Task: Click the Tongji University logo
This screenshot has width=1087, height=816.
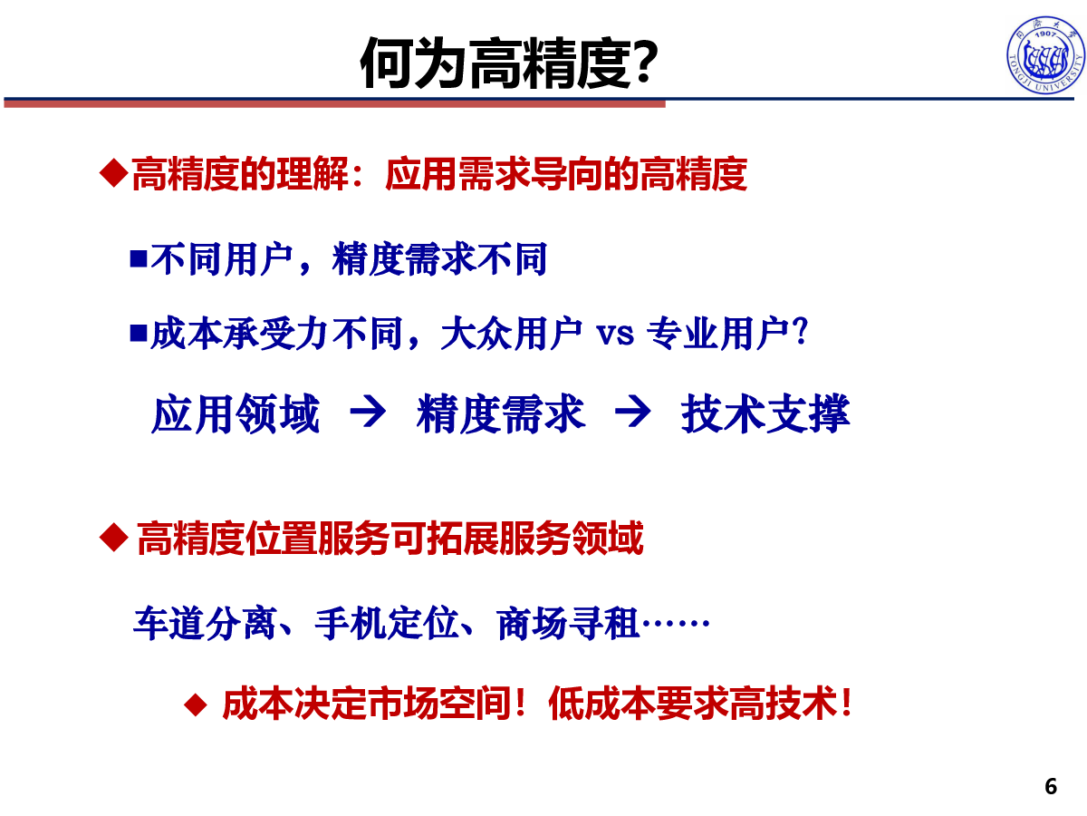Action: tap(1045, 54)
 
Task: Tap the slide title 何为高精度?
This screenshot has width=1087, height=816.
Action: tap(509, 63)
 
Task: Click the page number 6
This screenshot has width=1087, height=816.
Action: tap(1051, 787)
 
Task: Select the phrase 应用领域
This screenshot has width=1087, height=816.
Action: tap(236, 413)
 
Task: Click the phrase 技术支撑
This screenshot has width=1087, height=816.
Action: tap(765, 413)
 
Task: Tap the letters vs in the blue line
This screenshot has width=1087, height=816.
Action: tap(615, 334)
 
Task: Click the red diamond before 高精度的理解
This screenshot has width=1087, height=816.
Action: tap(114, 173)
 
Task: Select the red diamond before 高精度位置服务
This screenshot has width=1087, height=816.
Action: tap(114, 537)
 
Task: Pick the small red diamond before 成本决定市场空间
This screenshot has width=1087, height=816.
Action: tap(195, 704)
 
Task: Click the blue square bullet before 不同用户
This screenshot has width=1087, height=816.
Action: tap(139, 258)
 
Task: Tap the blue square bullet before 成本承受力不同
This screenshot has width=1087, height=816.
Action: tap(139, 333)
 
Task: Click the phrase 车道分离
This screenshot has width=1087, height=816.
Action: tap(205, 623)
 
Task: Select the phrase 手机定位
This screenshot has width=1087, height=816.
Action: tap(387, 623)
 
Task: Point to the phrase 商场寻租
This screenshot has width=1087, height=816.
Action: tap(569, 623)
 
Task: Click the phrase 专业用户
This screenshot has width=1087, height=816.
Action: tap(718, 333)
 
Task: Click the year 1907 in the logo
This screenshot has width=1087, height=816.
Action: tap(1045, 34)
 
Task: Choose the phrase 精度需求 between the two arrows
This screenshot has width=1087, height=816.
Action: tap(501, 413)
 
